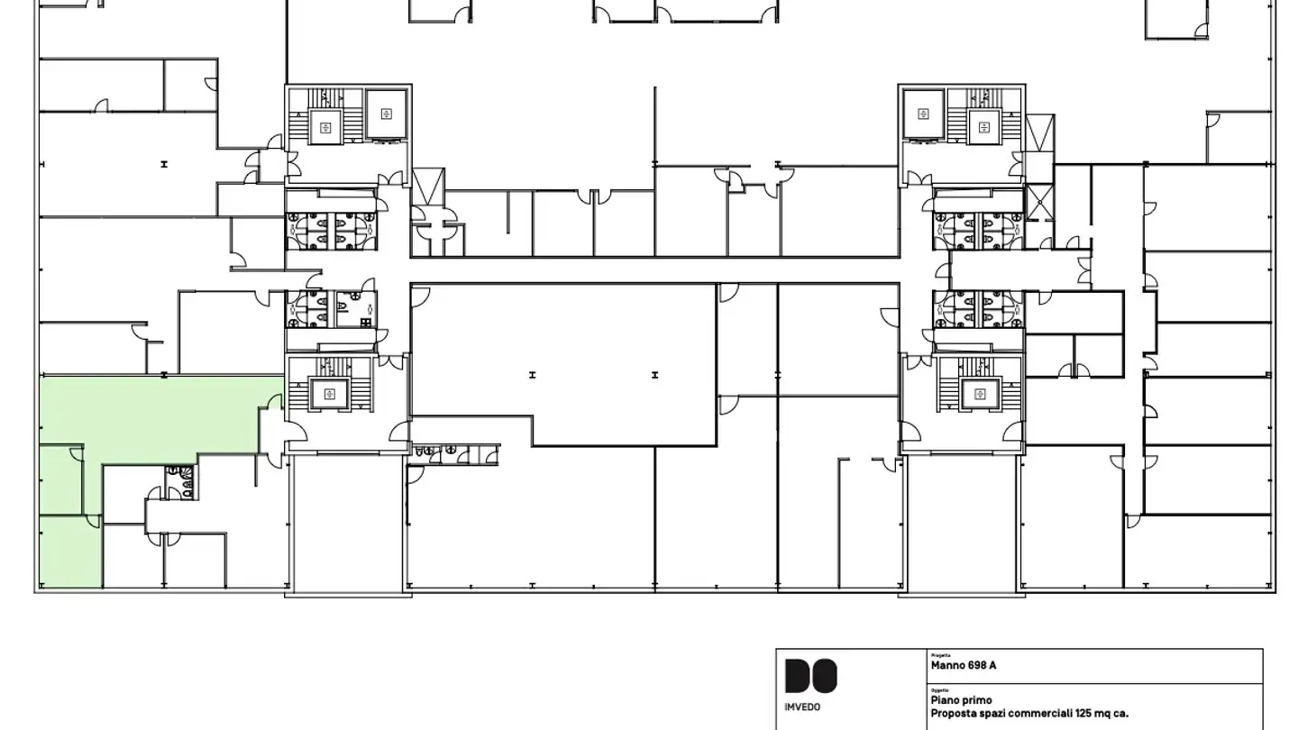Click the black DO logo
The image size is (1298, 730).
tap(810, 676)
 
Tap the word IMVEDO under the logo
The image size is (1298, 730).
tap(802, 707)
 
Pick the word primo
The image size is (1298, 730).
tap(977, 700)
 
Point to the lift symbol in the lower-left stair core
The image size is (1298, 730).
tap(329, 393)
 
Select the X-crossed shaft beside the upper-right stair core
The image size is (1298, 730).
tap(1040, 202)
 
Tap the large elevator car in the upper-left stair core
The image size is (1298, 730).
tap(387, 114)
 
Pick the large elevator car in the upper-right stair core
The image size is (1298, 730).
tap(923, 114)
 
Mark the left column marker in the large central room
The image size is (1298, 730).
tap(533, 375)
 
